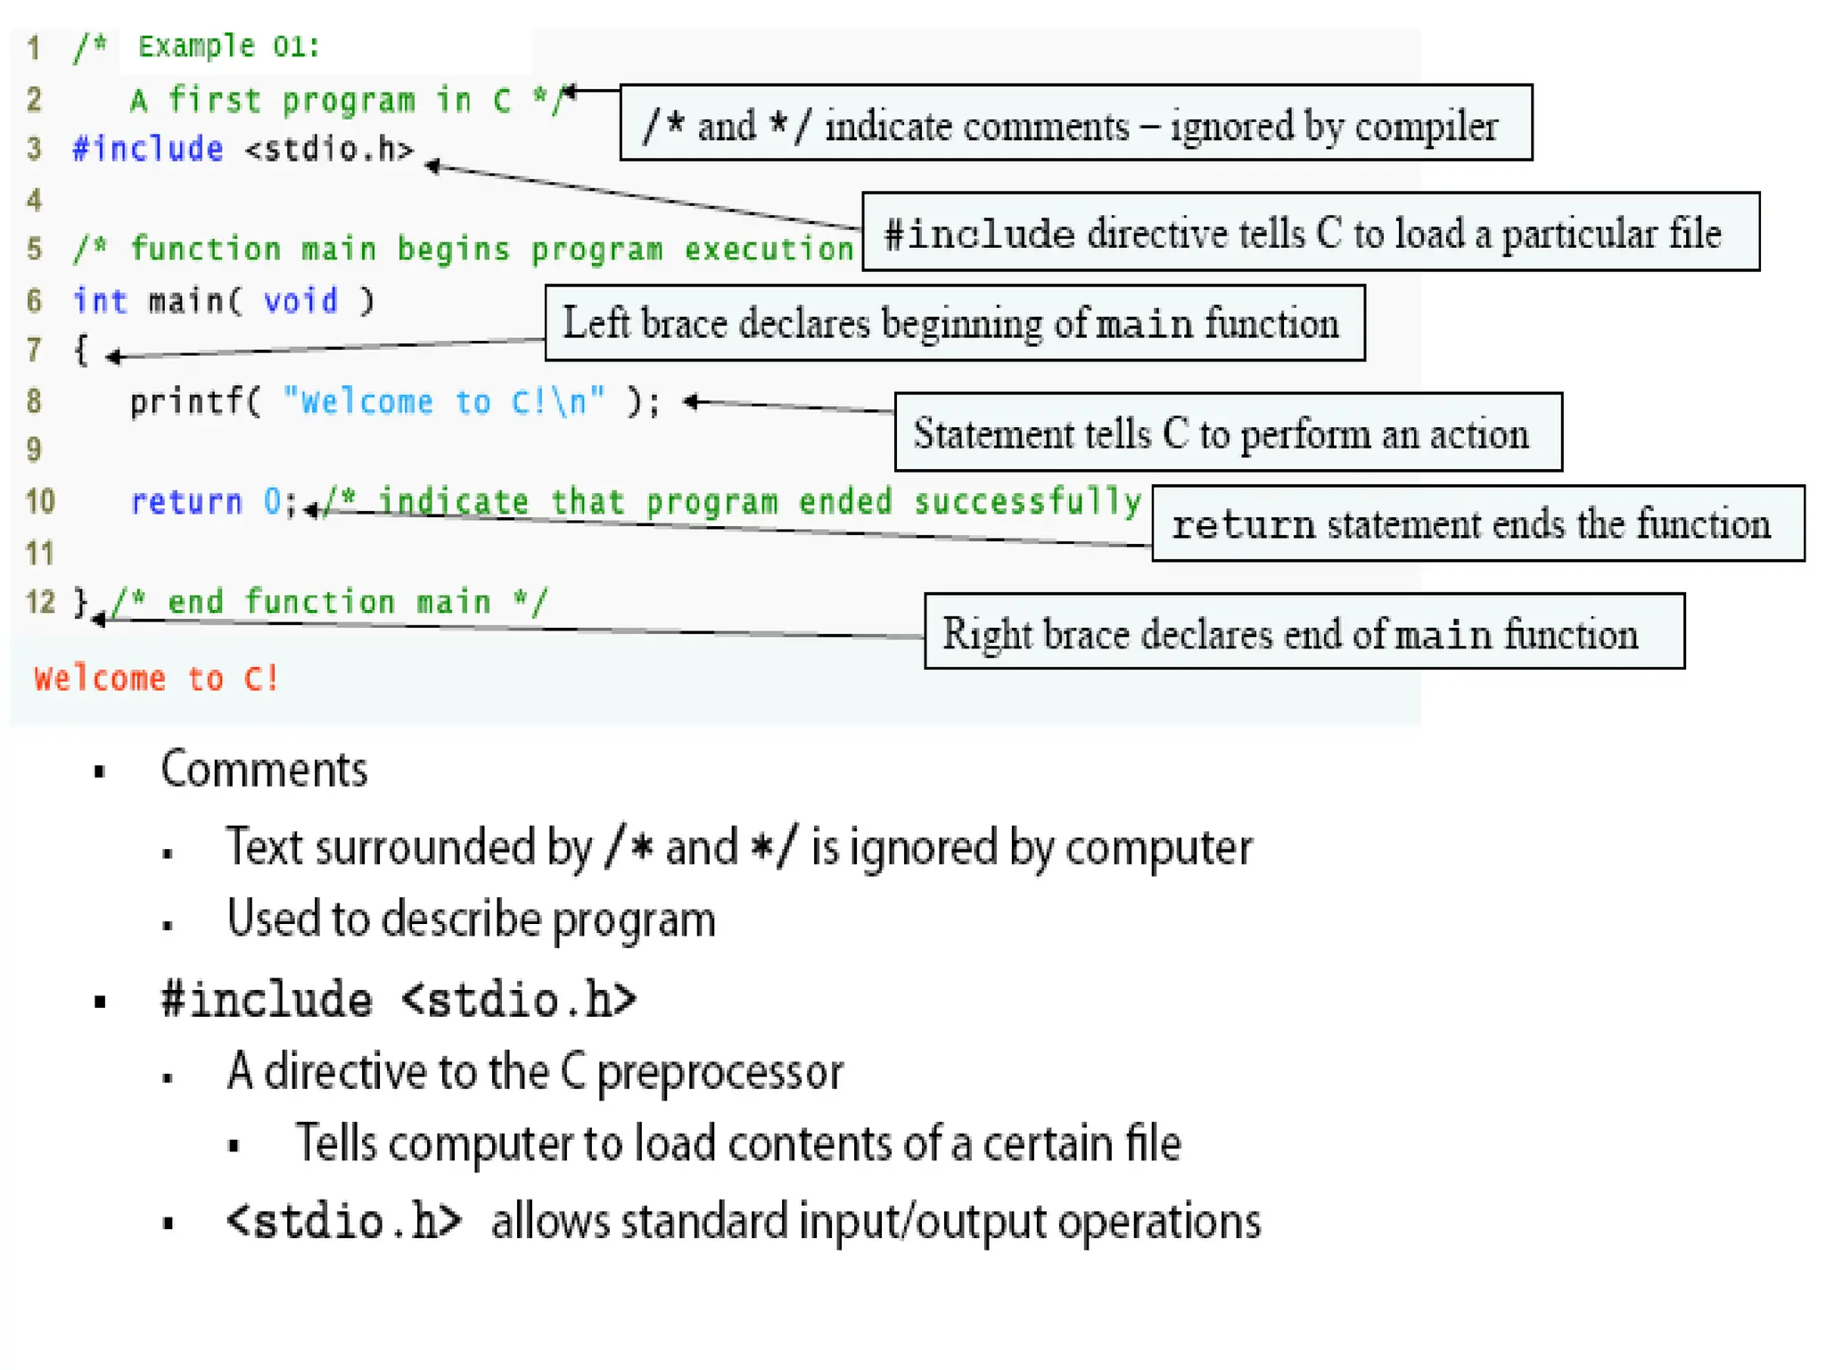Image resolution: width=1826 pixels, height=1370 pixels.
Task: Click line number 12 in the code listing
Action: [x=40, y=602]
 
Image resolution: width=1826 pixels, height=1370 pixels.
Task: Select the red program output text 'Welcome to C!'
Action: [x=156, y=679]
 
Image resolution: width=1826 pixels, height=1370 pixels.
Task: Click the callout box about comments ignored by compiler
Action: [x=1075, y=124]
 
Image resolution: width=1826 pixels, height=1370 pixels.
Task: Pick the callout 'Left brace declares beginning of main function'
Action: [x=954, y=323]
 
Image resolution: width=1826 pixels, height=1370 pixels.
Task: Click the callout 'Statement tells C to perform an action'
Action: [x=1228, y=433]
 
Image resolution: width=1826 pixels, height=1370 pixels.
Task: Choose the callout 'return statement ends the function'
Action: [x=1477, y=524]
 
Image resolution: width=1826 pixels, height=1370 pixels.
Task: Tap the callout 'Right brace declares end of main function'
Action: [x=1304, y=631]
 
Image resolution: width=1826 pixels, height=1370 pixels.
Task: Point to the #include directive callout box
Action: [x=1310, y=232]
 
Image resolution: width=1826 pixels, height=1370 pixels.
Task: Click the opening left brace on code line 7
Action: [x=80, y=350]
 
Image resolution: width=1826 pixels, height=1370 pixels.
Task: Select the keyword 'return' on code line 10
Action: [x=186, y=502]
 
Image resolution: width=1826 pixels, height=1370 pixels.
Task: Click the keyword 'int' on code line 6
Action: [x=100, y=301]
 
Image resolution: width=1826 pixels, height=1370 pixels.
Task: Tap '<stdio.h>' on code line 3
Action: [x=330, y=149]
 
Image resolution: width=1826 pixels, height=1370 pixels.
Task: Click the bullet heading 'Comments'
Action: [x=264, y=769]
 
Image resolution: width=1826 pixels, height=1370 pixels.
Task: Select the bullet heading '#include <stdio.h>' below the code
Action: [x=399, y=1000]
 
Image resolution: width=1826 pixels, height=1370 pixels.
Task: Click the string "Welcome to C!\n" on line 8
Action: [x=444, y=402]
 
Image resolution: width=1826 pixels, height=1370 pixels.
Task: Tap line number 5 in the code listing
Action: [x=34, y=249]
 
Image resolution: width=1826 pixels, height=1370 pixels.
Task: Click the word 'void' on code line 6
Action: [x=300, y=301]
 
